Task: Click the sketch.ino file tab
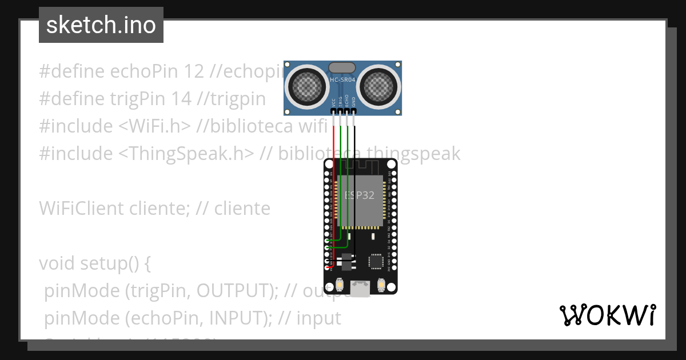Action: (101, 25)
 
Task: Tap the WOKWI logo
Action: (607, 315)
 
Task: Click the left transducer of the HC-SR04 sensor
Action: (307, 86)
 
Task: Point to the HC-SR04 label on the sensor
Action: (343, 80)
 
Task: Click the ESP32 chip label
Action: (360, 195)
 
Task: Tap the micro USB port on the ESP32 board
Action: (360, 289)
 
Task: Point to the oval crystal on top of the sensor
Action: (343, 67)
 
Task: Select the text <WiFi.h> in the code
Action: (154, 126)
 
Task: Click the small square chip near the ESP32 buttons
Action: (376, 261)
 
